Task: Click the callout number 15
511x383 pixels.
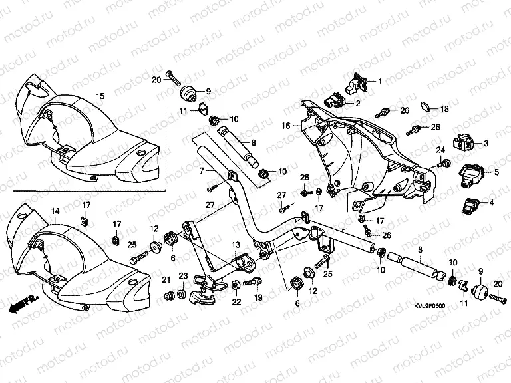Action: point(100,96)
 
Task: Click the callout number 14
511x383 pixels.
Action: point(55,211)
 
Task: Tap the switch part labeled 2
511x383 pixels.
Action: point(334,101)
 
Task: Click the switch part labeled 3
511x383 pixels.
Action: point(463,142)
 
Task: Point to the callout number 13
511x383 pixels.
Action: point(235,247)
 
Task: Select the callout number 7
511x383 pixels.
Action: point(202,172)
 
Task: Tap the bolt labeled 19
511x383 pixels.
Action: point(252,283)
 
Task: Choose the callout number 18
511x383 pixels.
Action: point(444,108)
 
